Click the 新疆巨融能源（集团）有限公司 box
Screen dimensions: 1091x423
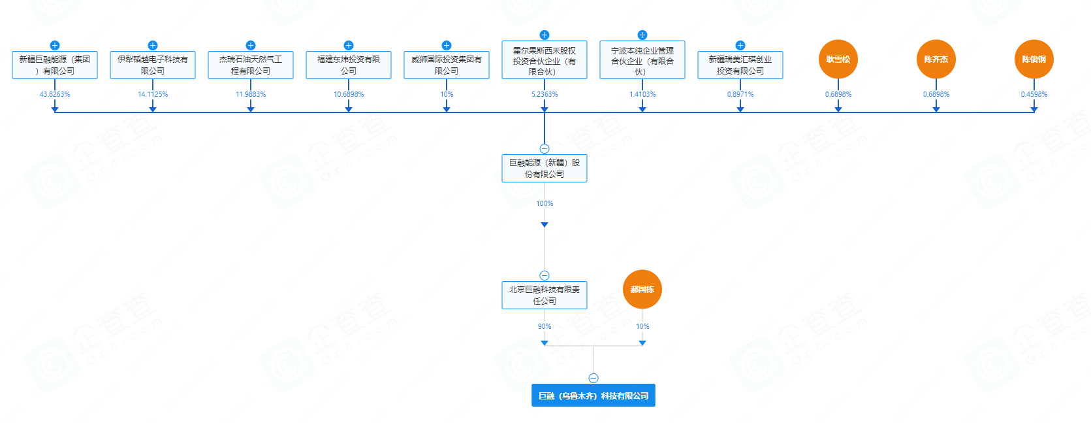click(55, 65)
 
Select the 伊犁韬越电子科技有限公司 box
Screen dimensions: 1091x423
click(152, 65)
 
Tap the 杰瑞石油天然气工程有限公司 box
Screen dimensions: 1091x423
click(250, 65)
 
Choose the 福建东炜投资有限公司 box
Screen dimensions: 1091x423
click(348, 65)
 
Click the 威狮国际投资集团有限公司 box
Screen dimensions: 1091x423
click(446, 65)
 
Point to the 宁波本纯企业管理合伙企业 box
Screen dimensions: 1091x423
click(642, 60)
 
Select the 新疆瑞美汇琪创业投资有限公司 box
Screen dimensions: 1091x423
click(740, 65)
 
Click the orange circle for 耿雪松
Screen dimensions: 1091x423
click(838, 59)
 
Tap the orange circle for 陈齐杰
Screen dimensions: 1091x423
click(936, 59)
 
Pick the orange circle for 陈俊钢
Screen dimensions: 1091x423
click(1034, 59)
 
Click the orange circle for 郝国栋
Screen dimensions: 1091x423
click(642, 290)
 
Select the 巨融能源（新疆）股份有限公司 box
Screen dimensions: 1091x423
click(544, 168)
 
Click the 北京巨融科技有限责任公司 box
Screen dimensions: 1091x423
click(544, 295)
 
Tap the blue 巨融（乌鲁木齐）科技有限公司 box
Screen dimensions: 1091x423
click(593, 395)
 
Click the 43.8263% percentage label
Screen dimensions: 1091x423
click(55, 94)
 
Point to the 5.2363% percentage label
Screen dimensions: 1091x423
click(544, 94)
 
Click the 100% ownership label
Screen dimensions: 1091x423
click(545, 203)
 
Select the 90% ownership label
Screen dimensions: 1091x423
click(545, 326)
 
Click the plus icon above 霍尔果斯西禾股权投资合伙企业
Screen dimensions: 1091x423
click(545, 35)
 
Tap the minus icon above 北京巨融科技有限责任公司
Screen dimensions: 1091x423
click(545, 276)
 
